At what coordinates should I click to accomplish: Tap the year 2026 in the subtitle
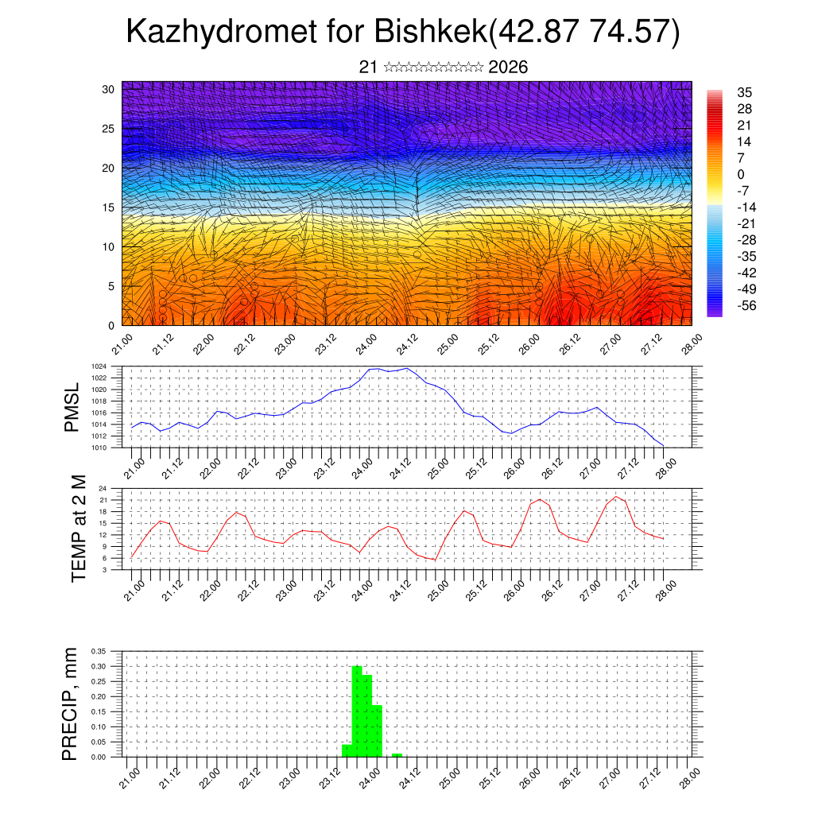coord(508,67)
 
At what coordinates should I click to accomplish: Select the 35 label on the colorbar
coord(745,92)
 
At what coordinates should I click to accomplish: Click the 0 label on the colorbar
coord(741,174)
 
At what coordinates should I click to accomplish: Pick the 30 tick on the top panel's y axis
coord(108,89)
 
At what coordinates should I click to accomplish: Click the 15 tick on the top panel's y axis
coord(108,207)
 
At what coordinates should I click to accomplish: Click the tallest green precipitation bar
coord(357,711)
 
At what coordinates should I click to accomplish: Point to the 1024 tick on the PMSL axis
coord(99,366)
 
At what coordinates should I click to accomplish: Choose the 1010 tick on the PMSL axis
coord(99,448)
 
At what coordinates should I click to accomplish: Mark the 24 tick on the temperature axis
coord(103,488)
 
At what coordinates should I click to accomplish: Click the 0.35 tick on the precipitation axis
coord(98,651)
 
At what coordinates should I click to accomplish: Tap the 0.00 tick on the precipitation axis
coord(98,758)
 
